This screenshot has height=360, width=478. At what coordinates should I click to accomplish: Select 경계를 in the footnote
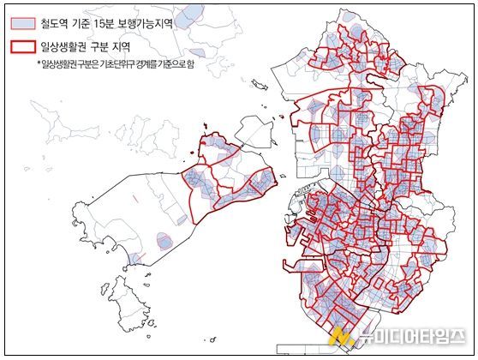tap(147, 64)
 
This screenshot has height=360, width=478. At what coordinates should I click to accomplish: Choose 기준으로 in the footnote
tap(171, 64)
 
